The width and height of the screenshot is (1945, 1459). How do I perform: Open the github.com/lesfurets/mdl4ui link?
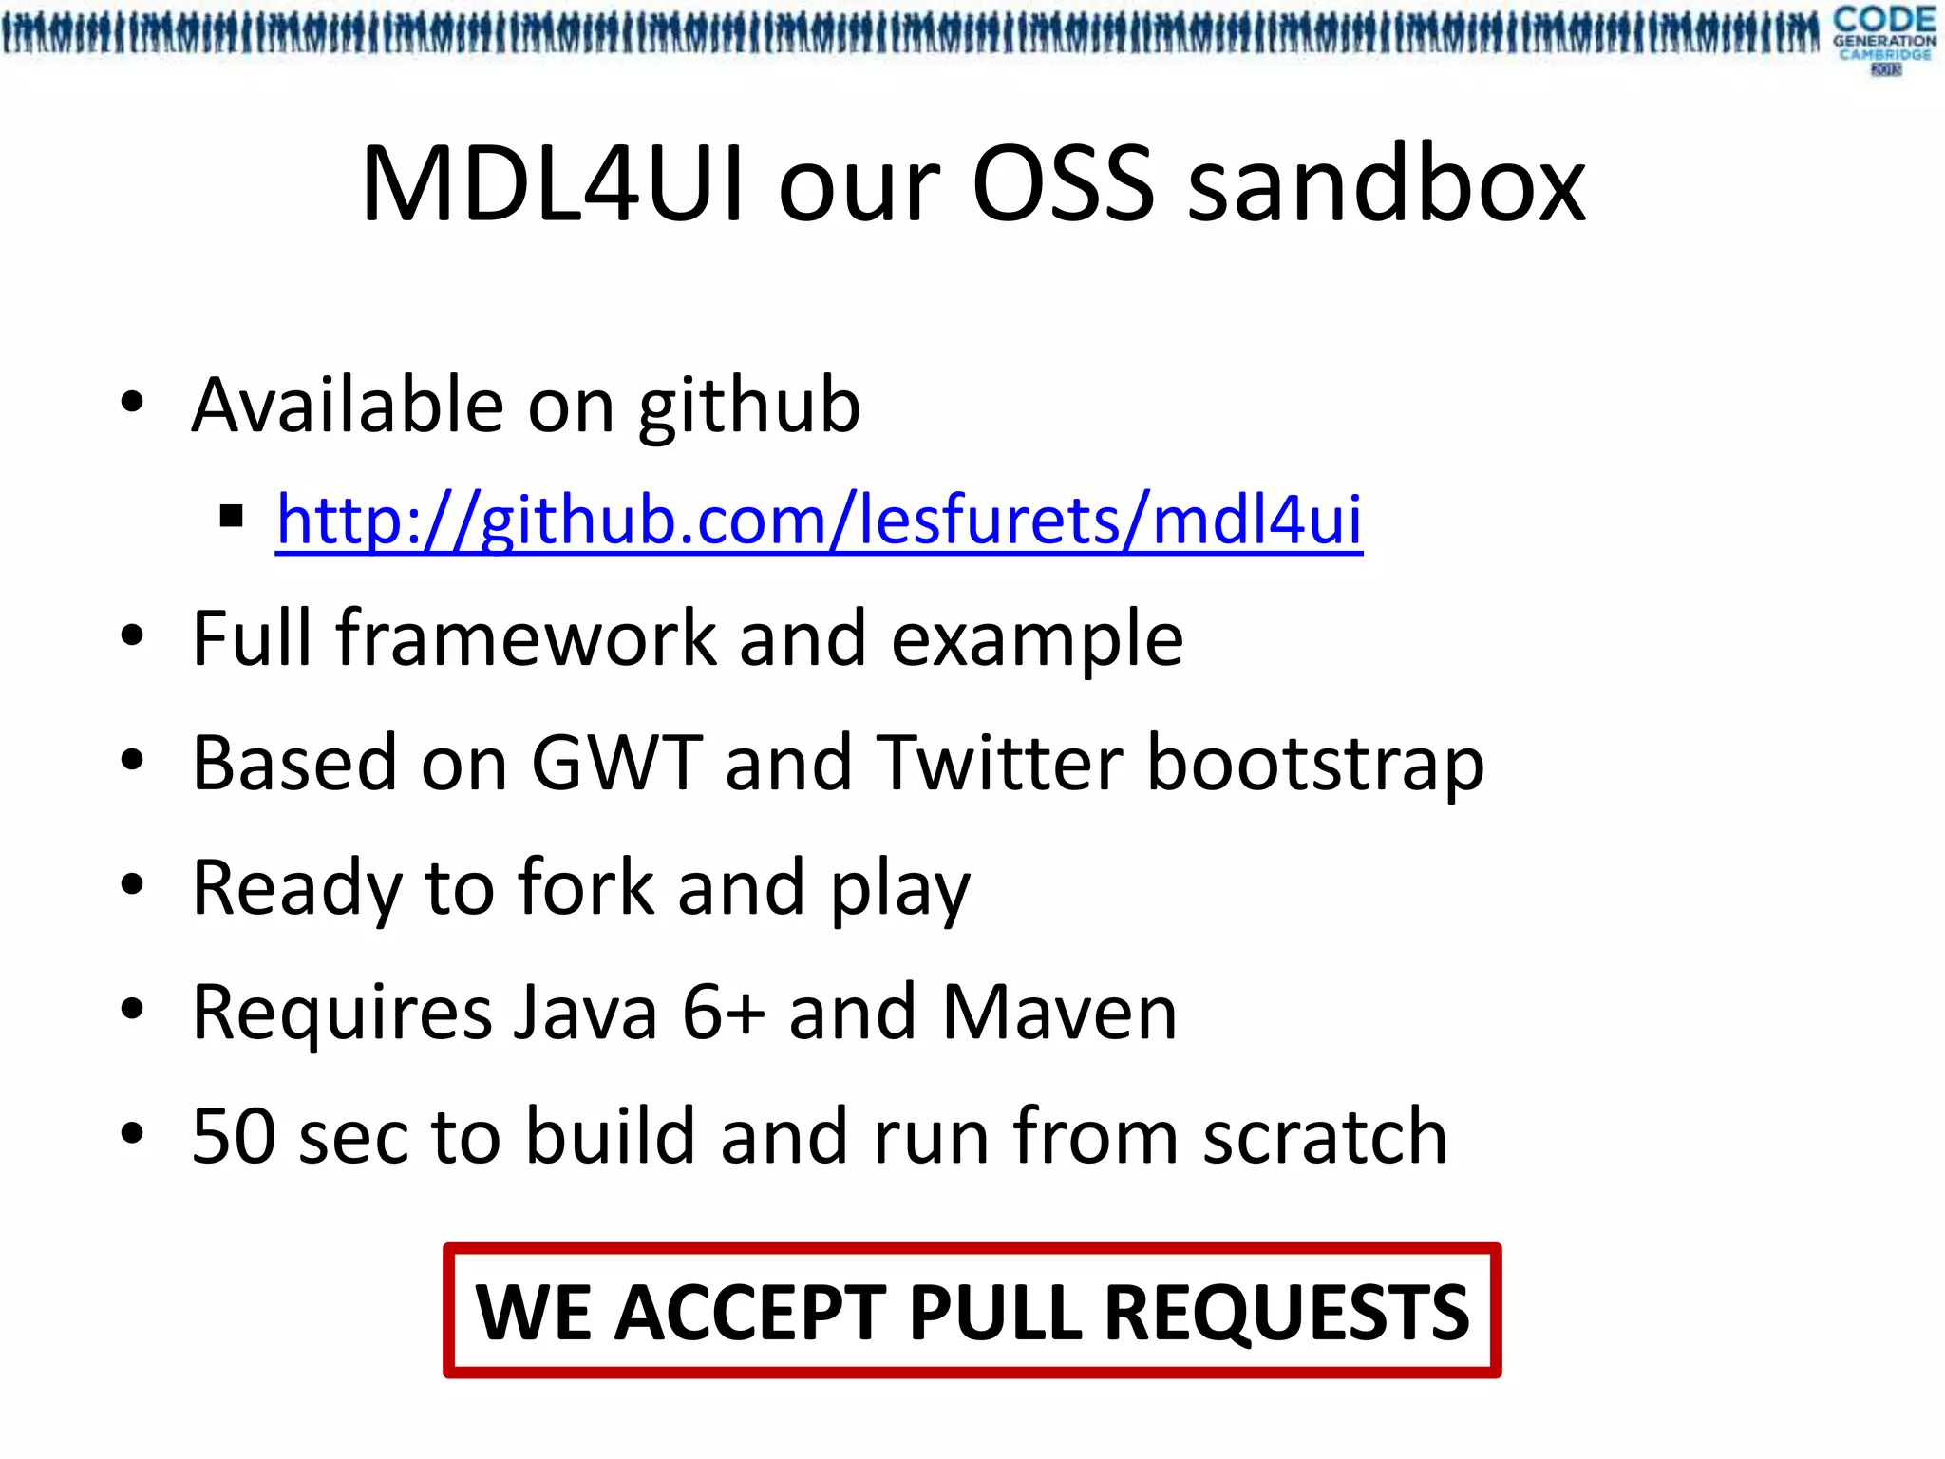[x=819, y=520]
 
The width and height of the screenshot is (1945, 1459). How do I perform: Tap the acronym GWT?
[x=616, y=763]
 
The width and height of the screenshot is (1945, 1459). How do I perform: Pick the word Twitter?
[x=1000, y=763]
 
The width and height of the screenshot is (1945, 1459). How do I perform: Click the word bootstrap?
[x=1315, y=765]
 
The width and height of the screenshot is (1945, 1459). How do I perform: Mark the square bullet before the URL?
[x=231, y=518]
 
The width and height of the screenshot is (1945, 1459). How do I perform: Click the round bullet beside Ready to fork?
[x=132, y=885]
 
